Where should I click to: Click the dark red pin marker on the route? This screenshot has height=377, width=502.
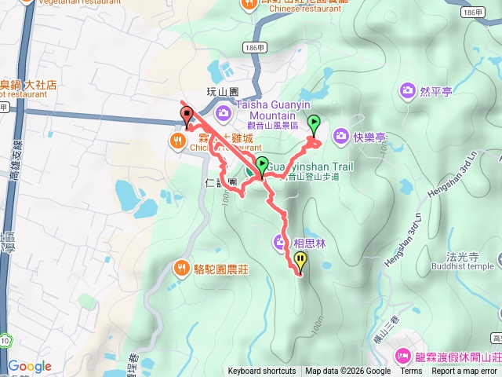click(187, 115)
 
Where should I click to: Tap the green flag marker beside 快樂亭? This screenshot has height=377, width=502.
click(315, 123)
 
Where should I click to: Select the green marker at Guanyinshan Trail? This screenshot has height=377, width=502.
click(261, 166)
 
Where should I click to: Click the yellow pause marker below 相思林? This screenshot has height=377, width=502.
click(299, 261)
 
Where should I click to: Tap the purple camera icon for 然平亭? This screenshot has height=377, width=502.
click(407, 91)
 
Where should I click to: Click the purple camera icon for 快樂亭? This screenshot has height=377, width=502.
click(340, 137)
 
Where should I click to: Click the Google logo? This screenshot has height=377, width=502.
click(30, 366)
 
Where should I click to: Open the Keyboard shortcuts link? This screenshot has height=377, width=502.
click(262, 372)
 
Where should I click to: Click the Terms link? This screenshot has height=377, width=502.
click(411, 372)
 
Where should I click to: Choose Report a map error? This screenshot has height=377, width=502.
click(464, 372)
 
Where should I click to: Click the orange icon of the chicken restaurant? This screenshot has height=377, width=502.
click(178, 141)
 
